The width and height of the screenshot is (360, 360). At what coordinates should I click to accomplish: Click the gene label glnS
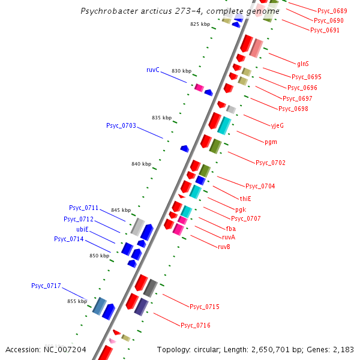pyautogui.click(x=303, y=63)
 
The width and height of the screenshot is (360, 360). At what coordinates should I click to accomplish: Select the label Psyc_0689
pyautogui.click(x=332, y=11)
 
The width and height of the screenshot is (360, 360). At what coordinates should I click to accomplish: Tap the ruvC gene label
pyautogui.click(x=153, y=70)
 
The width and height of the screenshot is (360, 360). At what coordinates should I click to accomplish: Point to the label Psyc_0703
pyautogui.click(x=121, y=126)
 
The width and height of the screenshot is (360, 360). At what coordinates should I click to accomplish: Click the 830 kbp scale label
pyautogui.click(x=181, y=71)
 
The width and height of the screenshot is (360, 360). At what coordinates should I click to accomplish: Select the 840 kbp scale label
pyautogui.click(x=141, y=164)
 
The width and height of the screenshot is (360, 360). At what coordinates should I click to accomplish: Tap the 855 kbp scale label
pyautogui.click(x=77, y=301)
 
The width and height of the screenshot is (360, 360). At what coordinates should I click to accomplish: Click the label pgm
pyautogui.click(x=271, y=142)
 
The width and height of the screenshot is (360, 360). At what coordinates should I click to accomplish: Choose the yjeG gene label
pyautogui.click(x=277, y=125)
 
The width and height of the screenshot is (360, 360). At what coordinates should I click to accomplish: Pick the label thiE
pyautogui.click(x=246, y=199)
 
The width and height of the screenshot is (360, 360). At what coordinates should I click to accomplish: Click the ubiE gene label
pyautogui.click(x=82, y=229)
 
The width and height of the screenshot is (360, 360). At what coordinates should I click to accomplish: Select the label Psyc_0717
pyautogui.click(x=46, y=286)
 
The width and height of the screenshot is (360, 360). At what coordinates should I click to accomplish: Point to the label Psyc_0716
pyautogui.click(x=196, y=325)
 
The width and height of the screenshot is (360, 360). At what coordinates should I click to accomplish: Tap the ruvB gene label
pyautogui.click(x=224, y=247)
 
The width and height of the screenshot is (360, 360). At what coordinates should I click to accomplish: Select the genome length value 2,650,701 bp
pyautogui.click(x=281, y=349)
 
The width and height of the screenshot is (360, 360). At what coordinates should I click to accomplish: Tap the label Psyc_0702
pyautogui.click(x=271, y=163)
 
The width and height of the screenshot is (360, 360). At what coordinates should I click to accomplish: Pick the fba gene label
pyautogui.click(x=231, y=229)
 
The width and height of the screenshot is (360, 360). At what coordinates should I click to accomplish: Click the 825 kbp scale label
pyautogui.click(x=200, y=25)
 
